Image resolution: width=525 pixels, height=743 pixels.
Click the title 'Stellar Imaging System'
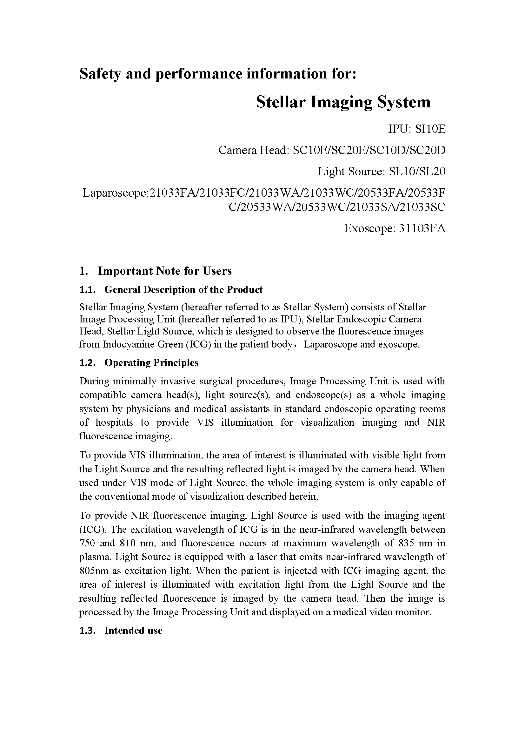click(343, 102)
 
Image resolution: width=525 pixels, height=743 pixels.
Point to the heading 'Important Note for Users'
click(164, 271)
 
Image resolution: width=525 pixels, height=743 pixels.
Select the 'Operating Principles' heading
click(151, 363)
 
